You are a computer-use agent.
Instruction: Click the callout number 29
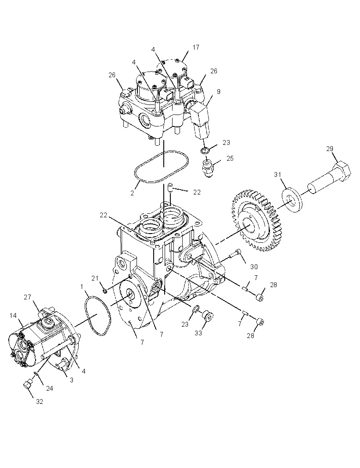pyautogui.click(x=330, y=149)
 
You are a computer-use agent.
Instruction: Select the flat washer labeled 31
pyautogui.click(x=292, y=200)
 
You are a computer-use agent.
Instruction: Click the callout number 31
pyautogui.click(x=277, y=175)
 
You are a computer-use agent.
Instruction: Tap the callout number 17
pyautogui.click(x=196, y=47)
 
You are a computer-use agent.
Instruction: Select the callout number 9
pyautogui.click(x=219, y=92)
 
